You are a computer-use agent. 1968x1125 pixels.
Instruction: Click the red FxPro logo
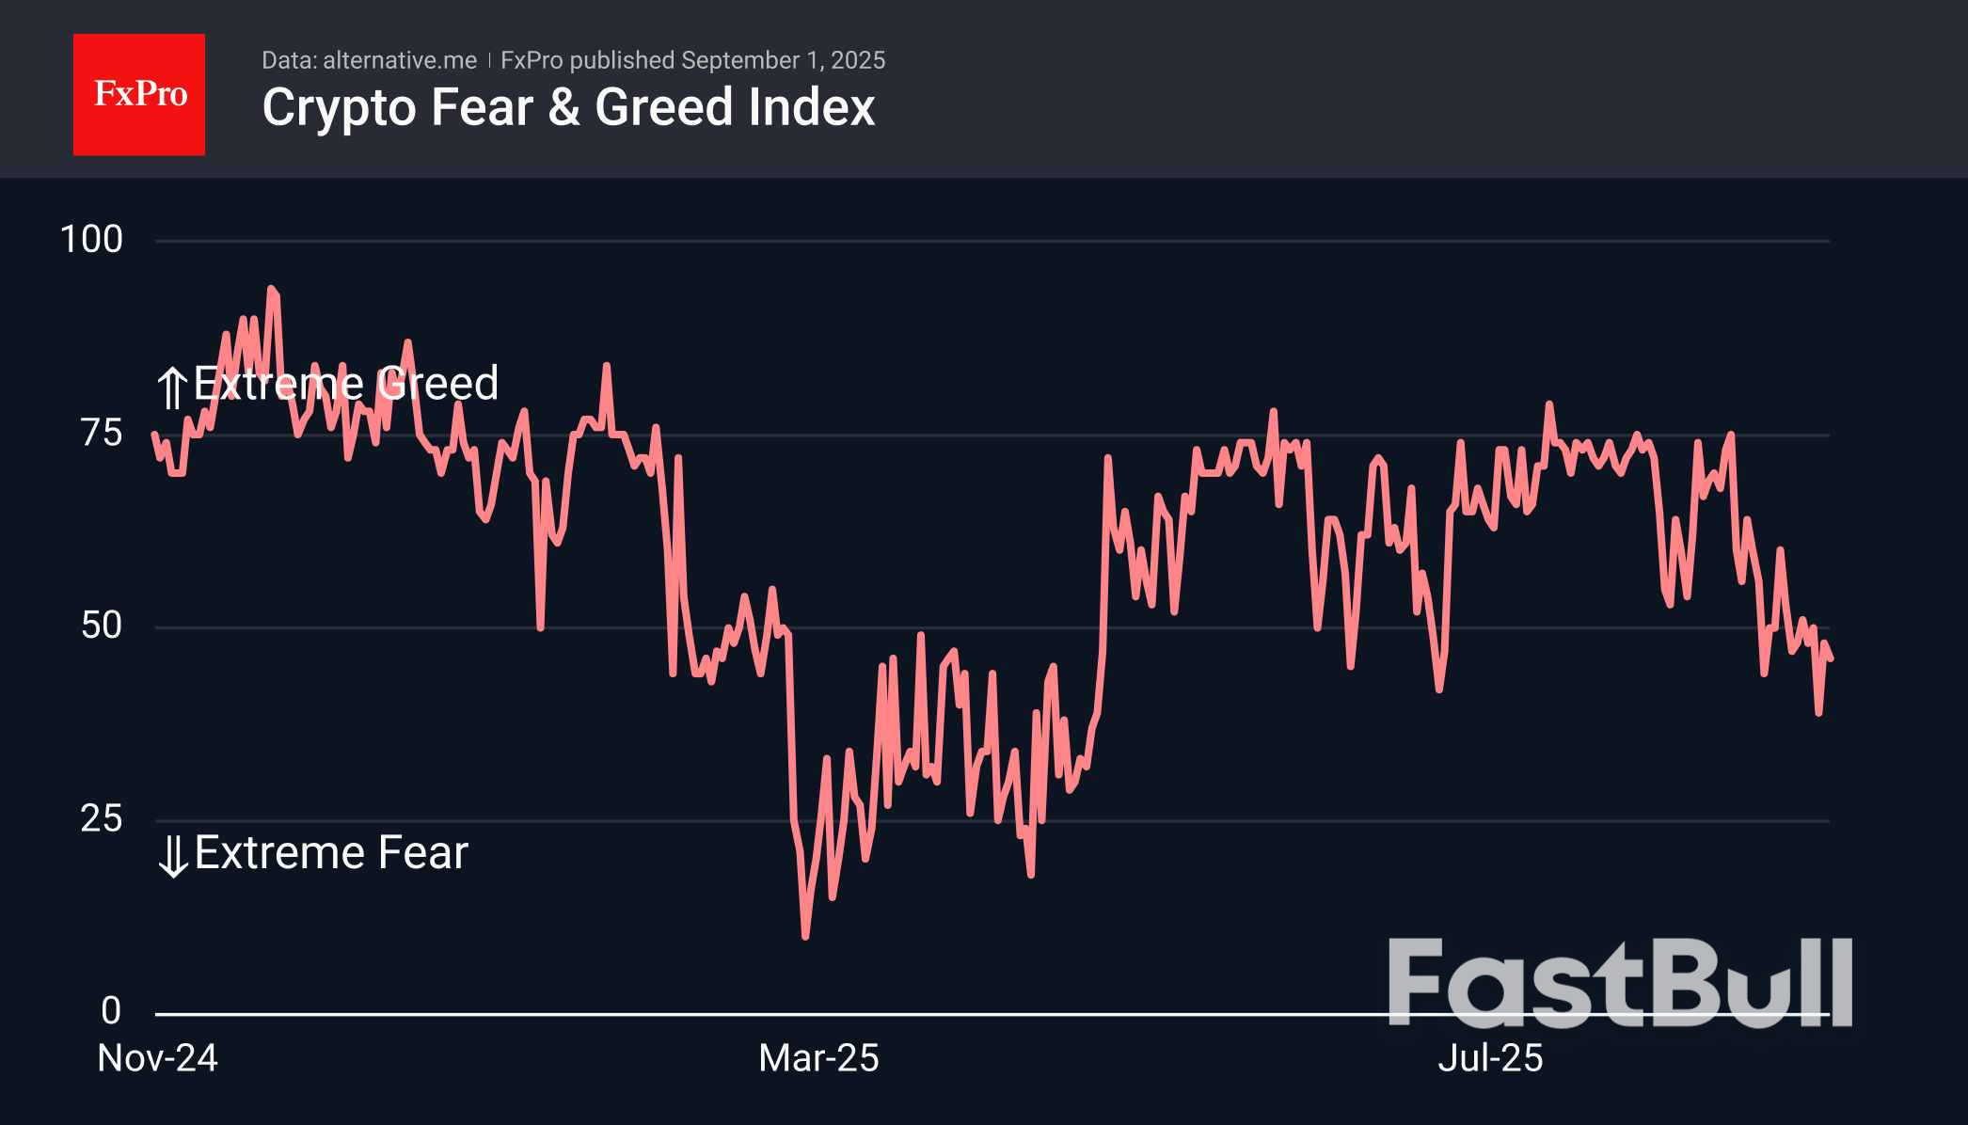coord(139,95)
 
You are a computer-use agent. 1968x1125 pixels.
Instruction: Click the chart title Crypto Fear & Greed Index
coord(568,107)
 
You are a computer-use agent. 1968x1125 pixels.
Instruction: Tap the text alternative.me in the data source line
coord(400,61)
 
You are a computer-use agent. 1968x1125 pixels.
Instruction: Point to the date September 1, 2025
coord(783,61)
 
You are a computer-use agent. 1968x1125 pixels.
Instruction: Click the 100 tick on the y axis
coord(91,240)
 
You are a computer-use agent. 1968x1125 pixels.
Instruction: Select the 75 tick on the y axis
coord(102,434)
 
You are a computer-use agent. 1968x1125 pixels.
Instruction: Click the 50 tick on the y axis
coord(102,626)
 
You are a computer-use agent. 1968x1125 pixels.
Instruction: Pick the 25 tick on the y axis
coord(102,819)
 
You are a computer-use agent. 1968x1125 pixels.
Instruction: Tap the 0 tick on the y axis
coord(111,1011)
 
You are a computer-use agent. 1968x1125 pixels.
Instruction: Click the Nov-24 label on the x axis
coord(158,1059)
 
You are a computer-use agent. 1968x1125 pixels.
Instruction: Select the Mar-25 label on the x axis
coord(818,1059)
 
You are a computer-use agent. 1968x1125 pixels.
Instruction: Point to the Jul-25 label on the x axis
coord(1490,1059)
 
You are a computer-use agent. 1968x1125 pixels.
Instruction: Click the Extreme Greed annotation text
coord(346,384)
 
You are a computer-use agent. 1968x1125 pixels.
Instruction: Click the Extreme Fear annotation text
coord(331,853)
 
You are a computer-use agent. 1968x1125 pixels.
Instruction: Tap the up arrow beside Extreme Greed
coord(172,388)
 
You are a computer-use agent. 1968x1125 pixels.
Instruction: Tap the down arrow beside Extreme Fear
coord(173,856)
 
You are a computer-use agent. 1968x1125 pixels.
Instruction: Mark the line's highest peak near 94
coord(271,290)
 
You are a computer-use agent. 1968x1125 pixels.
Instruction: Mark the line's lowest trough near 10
coord(805,936)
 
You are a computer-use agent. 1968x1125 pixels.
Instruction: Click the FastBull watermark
coord(1620,983)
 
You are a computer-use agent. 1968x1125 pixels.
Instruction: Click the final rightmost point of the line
coord(1830,659)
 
